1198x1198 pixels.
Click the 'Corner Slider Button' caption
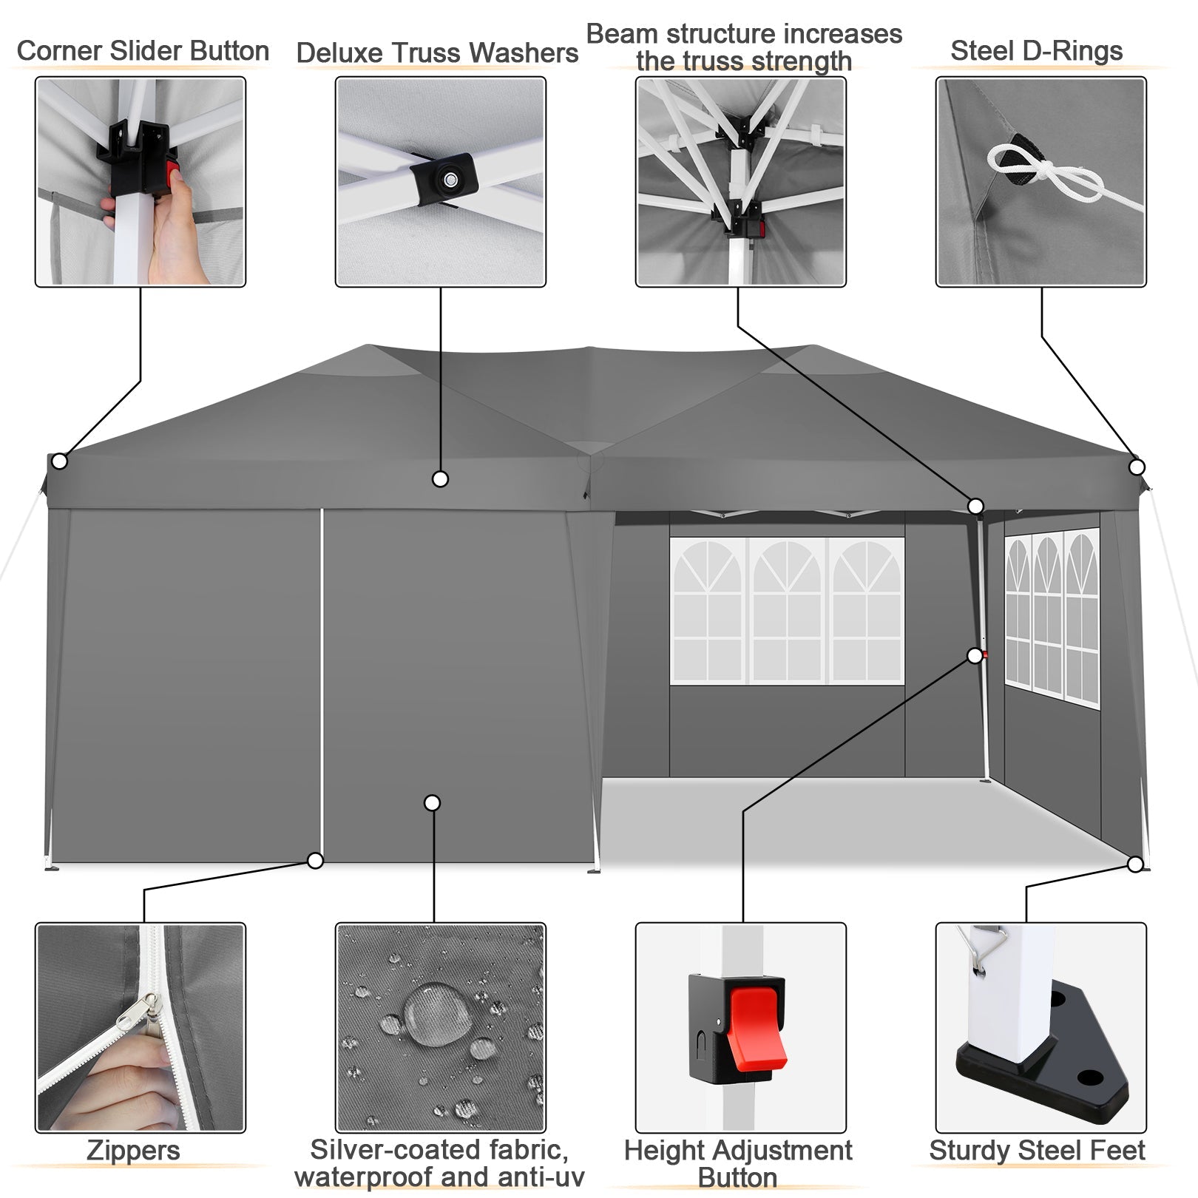pos(143,51)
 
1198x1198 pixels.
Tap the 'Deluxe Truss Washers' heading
pos(437,53)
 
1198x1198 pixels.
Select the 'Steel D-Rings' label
pos(1036,51)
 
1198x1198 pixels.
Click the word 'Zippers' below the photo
pos(133,1151)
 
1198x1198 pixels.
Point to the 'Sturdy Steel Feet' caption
pos(1037,1151)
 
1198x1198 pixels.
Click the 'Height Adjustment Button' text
pos(738,1163)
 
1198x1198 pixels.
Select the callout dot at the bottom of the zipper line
pos(316,861)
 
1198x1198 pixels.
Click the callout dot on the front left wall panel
pos(433,803)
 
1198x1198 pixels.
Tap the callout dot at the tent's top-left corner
pos(60,461)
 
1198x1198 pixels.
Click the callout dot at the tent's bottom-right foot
pos(1136,864)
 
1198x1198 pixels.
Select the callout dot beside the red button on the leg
pos(975,656)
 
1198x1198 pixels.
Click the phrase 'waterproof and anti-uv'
pos(439,1177)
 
